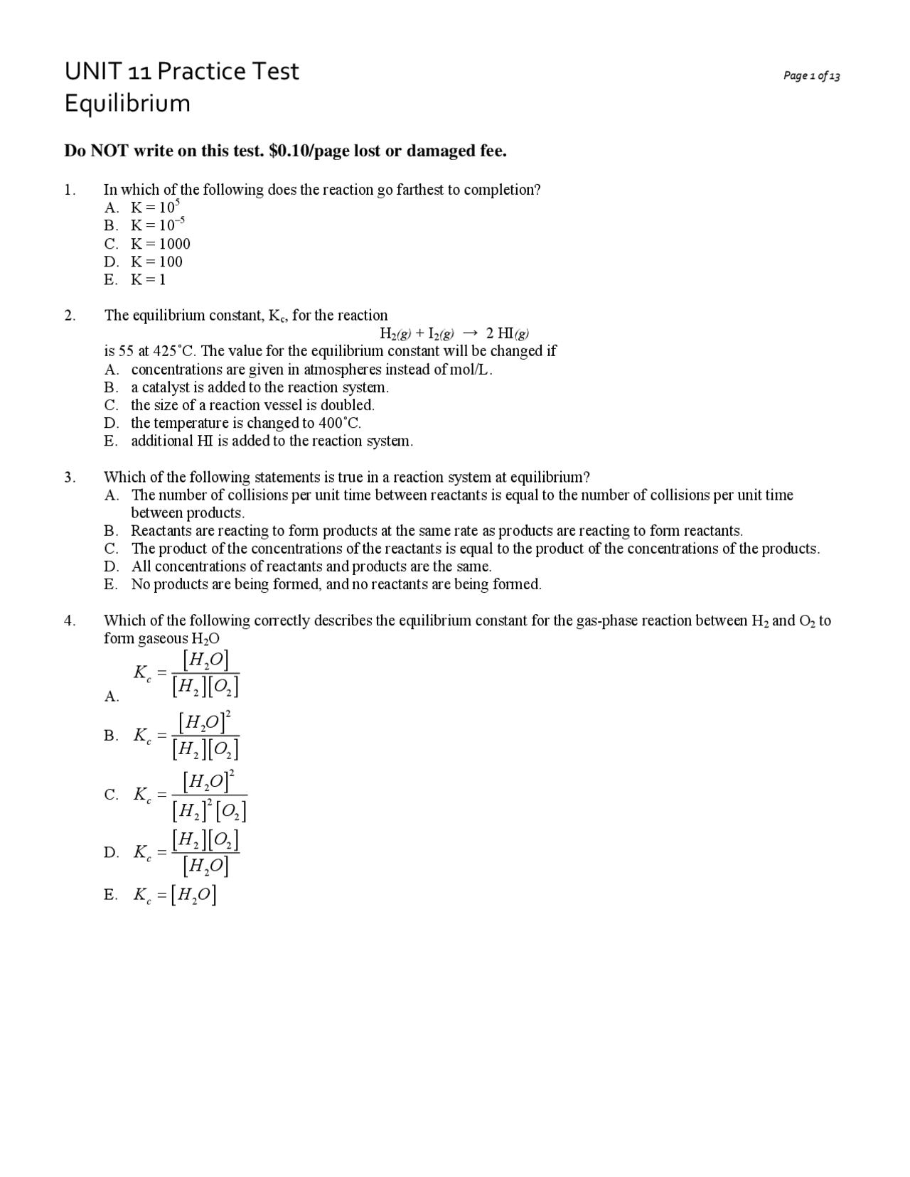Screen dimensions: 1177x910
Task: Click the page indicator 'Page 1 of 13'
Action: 811,76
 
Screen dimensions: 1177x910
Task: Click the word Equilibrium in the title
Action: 127,104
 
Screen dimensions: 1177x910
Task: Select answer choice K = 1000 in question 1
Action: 161,244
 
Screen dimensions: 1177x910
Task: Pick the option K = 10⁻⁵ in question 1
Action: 158,225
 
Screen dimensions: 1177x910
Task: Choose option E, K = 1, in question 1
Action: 148,279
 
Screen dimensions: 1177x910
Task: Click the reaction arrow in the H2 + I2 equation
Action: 469,333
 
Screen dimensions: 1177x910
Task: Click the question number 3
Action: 69,477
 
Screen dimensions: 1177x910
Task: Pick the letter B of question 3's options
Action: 110,531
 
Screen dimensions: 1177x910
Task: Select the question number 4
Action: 69,620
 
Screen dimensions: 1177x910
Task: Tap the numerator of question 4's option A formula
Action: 205,661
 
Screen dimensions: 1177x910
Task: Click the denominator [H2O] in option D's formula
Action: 205,865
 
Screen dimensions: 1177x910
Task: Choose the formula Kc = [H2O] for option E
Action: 175,895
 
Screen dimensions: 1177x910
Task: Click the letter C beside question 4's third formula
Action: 111,795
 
